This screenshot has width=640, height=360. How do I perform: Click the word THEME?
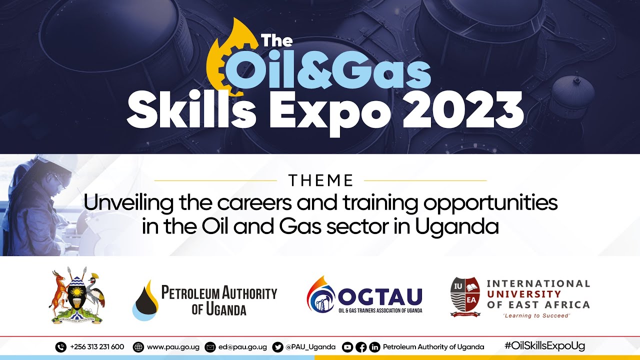tap(320, 180)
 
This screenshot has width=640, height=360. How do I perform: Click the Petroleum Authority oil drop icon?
tap(145, 300)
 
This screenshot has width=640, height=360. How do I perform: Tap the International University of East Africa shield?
tap(465, 296)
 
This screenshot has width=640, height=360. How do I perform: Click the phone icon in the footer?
tap(61, 347)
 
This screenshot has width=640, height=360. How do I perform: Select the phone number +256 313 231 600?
tap(97, 347)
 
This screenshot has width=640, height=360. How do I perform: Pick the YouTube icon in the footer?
tap(347, 347)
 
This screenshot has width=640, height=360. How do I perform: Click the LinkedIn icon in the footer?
tap(374, 347)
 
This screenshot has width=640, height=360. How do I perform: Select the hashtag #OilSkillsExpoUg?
tap(544, 346)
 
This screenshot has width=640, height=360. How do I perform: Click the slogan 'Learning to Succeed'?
tap(536, 316)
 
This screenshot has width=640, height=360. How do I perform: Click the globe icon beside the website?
tap(139, 347)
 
